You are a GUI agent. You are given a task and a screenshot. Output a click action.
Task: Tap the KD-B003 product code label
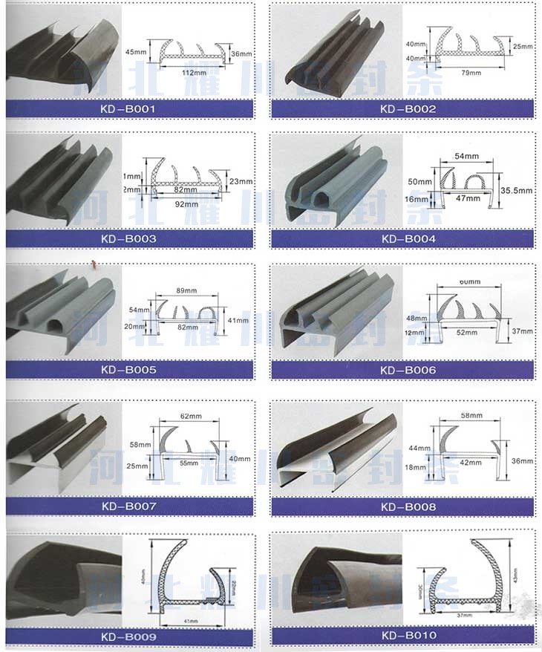[130, 238]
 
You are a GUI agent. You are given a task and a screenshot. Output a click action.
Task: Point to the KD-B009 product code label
[130, 636]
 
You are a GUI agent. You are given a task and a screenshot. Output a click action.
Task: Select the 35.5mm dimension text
[516, 190]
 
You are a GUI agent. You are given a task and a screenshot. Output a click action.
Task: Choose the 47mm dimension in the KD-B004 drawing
[466, 200]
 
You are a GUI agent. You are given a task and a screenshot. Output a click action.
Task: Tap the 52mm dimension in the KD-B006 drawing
[466, 333]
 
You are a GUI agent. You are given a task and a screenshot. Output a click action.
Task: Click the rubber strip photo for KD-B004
[334, 186]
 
